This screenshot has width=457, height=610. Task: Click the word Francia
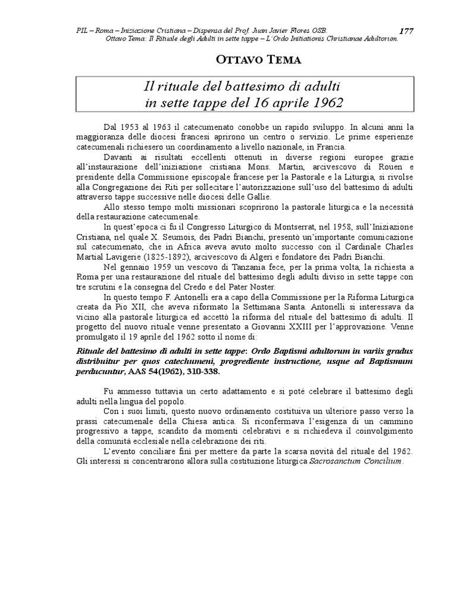click(x=336, y=147)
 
